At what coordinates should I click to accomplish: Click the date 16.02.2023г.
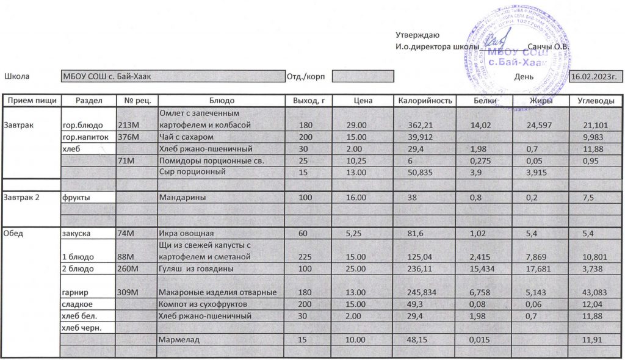pos(595,76)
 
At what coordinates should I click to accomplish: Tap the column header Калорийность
pos(425,101)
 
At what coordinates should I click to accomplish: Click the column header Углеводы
pos(596,101)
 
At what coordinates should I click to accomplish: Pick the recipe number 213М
pos(132,125)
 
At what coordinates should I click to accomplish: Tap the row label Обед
pos(15,233)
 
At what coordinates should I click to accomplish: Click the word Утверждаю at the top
pos(417,35)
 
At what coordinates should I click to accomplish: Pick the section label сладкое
pos(76,304)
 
